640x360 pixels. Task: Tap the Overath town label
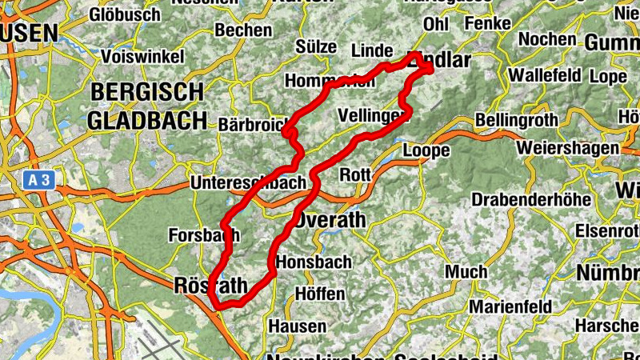tap(330, 219)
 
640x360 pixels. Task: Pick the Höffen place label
tap(320, 294)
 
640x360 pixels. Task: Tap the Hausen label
tap(297, 326)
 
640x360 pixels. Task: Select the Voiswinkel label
tap(143, 57)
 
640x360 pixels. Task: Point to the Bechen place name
tap(243, 30)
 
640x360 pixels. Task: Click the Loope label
tap(422, 150)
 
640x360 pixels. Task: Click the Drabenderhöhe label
tap(531, 198)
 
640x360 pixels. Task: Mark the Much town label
tap(466, 272)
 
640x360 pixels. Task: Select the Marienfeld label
tap(510, 307)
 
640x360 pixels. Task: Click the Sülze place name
tap(316, 46)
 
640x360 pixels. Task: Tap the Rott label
tap(355, 174)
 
